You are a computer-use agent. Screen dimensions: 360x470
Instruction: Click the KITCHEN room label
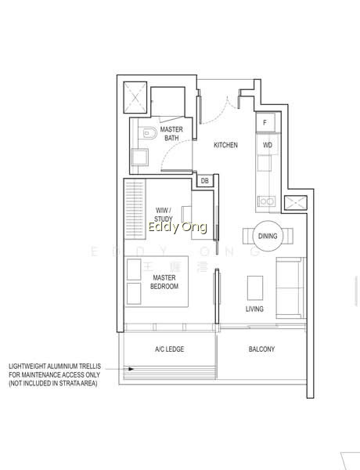click(x=225, y=145)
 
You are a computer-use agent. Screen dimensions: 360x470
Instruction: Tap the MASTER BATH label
click(x=171, y=134)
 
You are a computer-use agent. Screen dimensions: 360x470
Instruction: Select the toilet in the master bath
click(x=149, y=133)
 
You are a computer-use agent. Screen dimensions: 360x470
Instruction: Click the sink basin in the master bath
click(x=139, y=157)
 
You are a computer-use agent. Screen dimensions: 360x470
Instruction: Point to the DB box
click(x=205, y=181)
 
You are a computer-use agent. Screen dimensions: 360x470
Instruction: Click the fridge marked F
click(x=265, y=122)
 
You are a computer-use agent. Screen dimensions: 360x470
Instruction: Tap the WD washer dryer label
click(x=268, y=145)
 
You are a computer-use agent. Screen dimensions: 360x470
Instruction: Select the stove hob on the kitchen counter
click(x=266, y=201)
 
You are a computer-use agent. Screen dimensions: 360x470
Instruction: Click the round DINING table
click(x=268, y=237)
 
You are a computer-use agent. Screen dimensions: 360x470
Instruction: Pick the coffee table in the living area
click(x=255, y=287)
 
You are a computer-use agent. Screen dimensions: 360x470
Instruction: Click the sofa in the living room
click(x=290, y=287)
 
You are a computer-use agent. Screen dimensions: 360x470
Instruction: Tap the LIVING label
click(x=254, y=309)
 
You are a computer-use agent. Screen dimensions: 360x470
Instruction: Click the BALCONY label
click(x=261, y=349)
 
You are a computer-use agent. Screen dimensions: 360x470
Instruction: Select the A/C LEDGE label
click(x=170, y=349)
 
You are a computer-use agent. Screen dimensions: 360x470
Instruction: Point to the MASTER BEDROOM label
click(x=164, y=282)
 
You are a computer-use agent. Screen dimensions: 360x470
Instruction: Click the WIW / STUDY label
click(x=164, y=215)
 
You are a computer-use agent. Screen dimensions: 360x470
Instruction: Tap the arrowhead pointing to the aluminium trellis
click(x=131, y=369)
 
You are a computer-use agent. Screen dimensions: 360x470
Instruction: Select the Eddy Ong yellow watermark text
click(x=178, y=227)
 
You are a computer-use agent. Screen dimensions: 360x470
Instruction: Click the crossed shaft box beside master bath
click(x=135, y=97)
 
